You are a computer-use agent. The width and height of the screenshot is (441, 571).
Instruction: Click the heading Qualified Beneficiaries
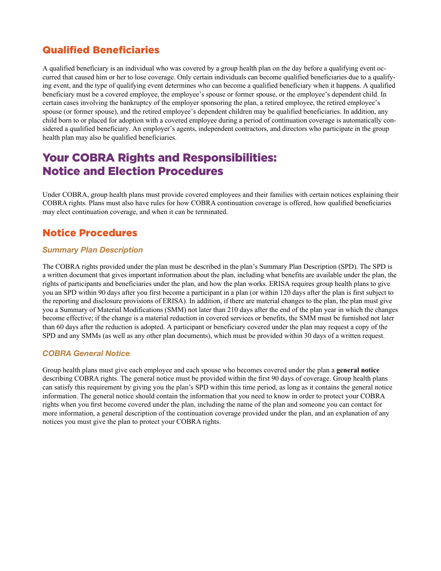(101, 50)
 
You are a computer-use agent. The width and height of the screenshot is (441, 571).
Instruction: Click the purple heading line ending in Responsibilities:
(159, 158)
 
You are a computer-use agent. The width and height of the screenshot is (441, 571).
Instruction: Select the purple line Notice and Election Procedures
(133, 171)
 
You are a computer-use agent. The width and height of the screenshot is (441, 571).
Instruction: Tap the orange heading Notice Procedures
(90, 233)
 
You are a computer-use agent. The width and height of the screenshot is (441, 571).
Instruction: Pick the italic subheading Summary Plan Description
(92, 250)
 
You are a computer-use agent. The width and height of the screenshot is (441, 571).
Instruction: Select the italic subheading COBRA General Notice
(86, 354)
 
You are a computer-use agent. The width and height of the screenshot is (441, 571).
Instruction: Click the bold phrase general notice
(357, 370)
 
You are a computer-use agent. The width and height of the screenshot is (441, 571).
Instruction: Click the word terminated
(212, 212)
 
